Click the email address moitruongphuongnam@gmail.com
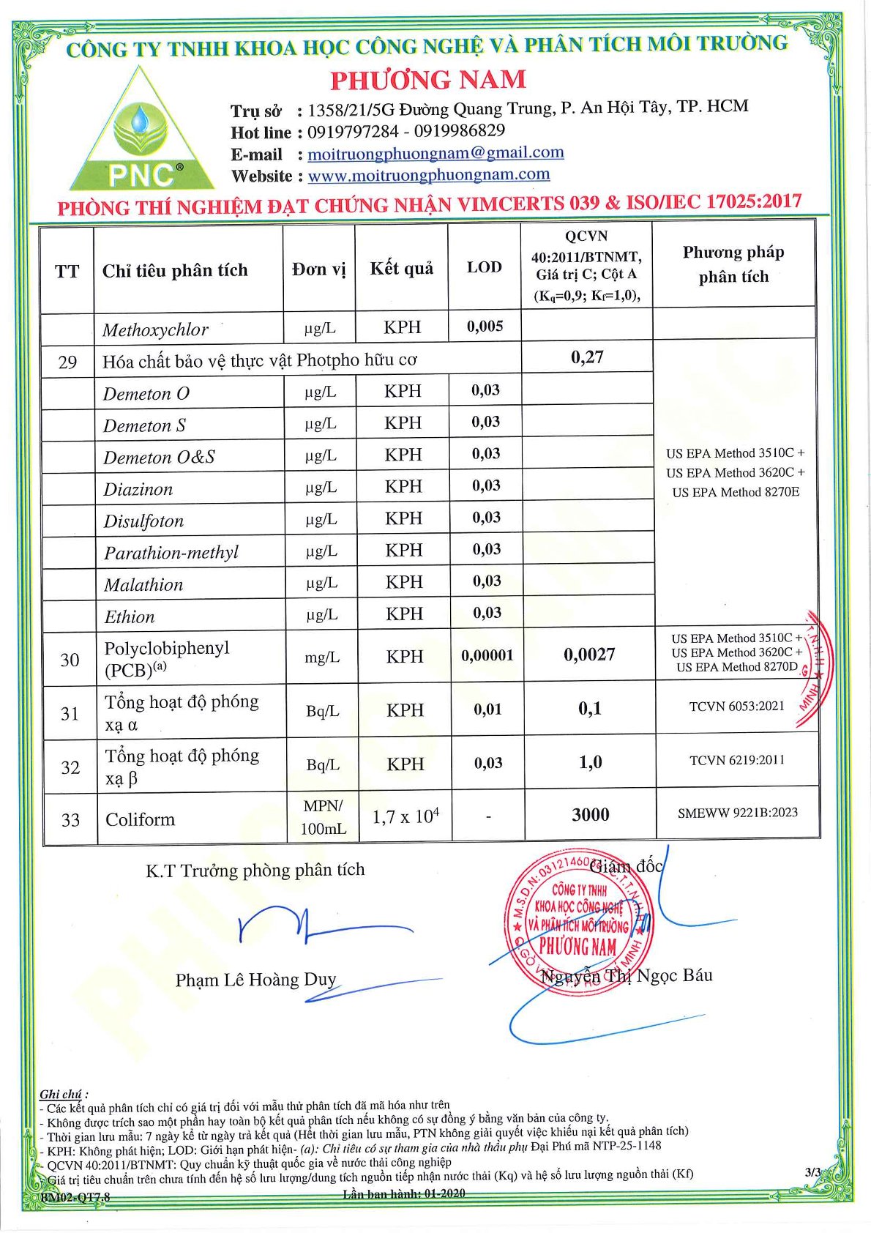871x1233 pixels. pyautogui.click(x=435, y=153)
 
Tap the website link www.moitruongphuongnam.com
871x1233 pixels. pyautogui.click(x=428, y=175)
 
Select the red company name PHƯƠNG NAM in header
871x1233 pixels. pyautogui.click(x=428, y=79)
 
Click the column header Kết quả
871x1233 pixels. pyautogui.click(x=401, y=268)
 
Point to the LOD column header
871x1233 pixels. pyautogui.click(x=484, y=267)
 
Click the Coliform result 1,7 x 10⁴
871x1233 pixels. pyautogui.click(x=405, y=816)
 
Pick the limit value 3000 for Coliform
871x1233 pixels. pyautogui.click(x=590, y=814)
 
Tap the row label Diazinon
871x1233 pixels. pyautogui.click(x=138, y=489)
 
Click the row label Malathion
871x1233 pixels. pyautogui.click(x=143, y=584)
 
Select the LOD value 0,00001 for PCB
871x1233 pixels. pyautogui.click(x=487, y=656)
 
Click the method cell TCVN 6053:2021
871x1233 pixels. pyautogui.click(x=736, y=707)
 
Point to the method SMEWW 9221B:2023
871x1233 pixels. pyautogui.click(x=737, y=813)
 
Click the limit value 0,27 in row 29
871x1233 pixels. pyautogui.click(x=586, y=357)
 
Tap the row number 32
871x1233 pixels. pyautogui.click(x=70, y=767)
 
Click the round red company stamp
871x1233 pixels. pyautogui.click(x=579, y=920)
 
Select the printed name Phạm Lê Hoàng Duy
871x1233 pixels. pyautogui.click(x=255, y=980)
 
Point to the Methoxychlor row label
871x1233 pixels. pyautogui.click(x=155, y=329)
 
